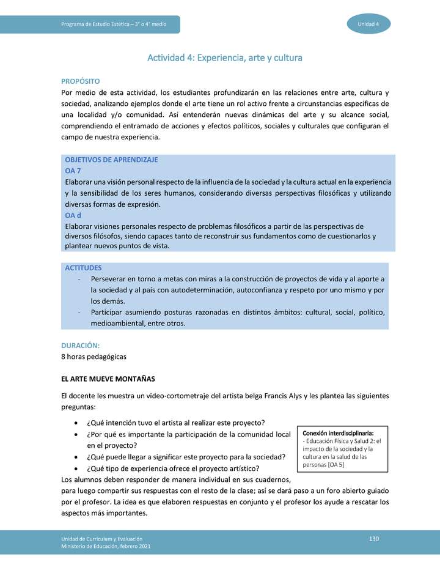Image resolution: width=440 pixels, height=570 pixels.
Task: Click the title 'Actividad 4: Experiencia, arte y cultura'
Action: coord(225,57)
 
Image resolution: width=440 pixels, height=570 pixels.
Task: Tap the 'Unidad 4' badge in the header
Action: coord(369,24)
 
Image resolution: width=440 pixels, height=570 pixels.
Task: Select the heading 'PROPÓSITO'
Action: coord(81,81)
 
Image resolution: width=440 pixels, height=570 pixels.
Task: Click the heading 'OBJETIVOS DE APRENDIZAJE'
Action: coord(111,160)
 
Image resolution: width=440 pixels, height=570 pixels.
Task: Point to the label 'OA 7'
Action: coord(73,171)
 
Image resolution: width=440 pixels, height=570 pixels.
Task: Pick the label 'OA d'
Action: coord(73,215)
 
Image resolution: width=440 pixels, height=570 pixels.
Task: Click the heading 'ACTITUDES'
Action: coord(83,268)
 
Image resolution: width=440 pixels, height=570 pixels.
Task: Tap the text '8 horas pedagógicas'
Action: coord(94,357)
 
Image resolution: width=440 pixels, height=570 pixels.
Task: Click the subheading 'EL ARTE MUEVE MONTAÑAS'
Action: coord(108,379)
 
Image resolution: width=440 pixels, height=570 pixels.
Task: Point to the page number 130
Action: coord(375,538)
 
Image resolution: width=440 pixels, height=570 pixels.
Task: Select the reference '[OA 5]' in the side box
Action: coord(335,465)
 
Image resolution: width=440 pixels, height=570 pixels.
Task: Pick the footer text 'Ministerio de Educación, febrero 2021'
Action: coord(105,546)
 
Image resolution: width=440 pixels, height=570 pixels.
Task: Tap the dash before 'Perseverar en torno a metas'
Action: coord(80,279)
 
